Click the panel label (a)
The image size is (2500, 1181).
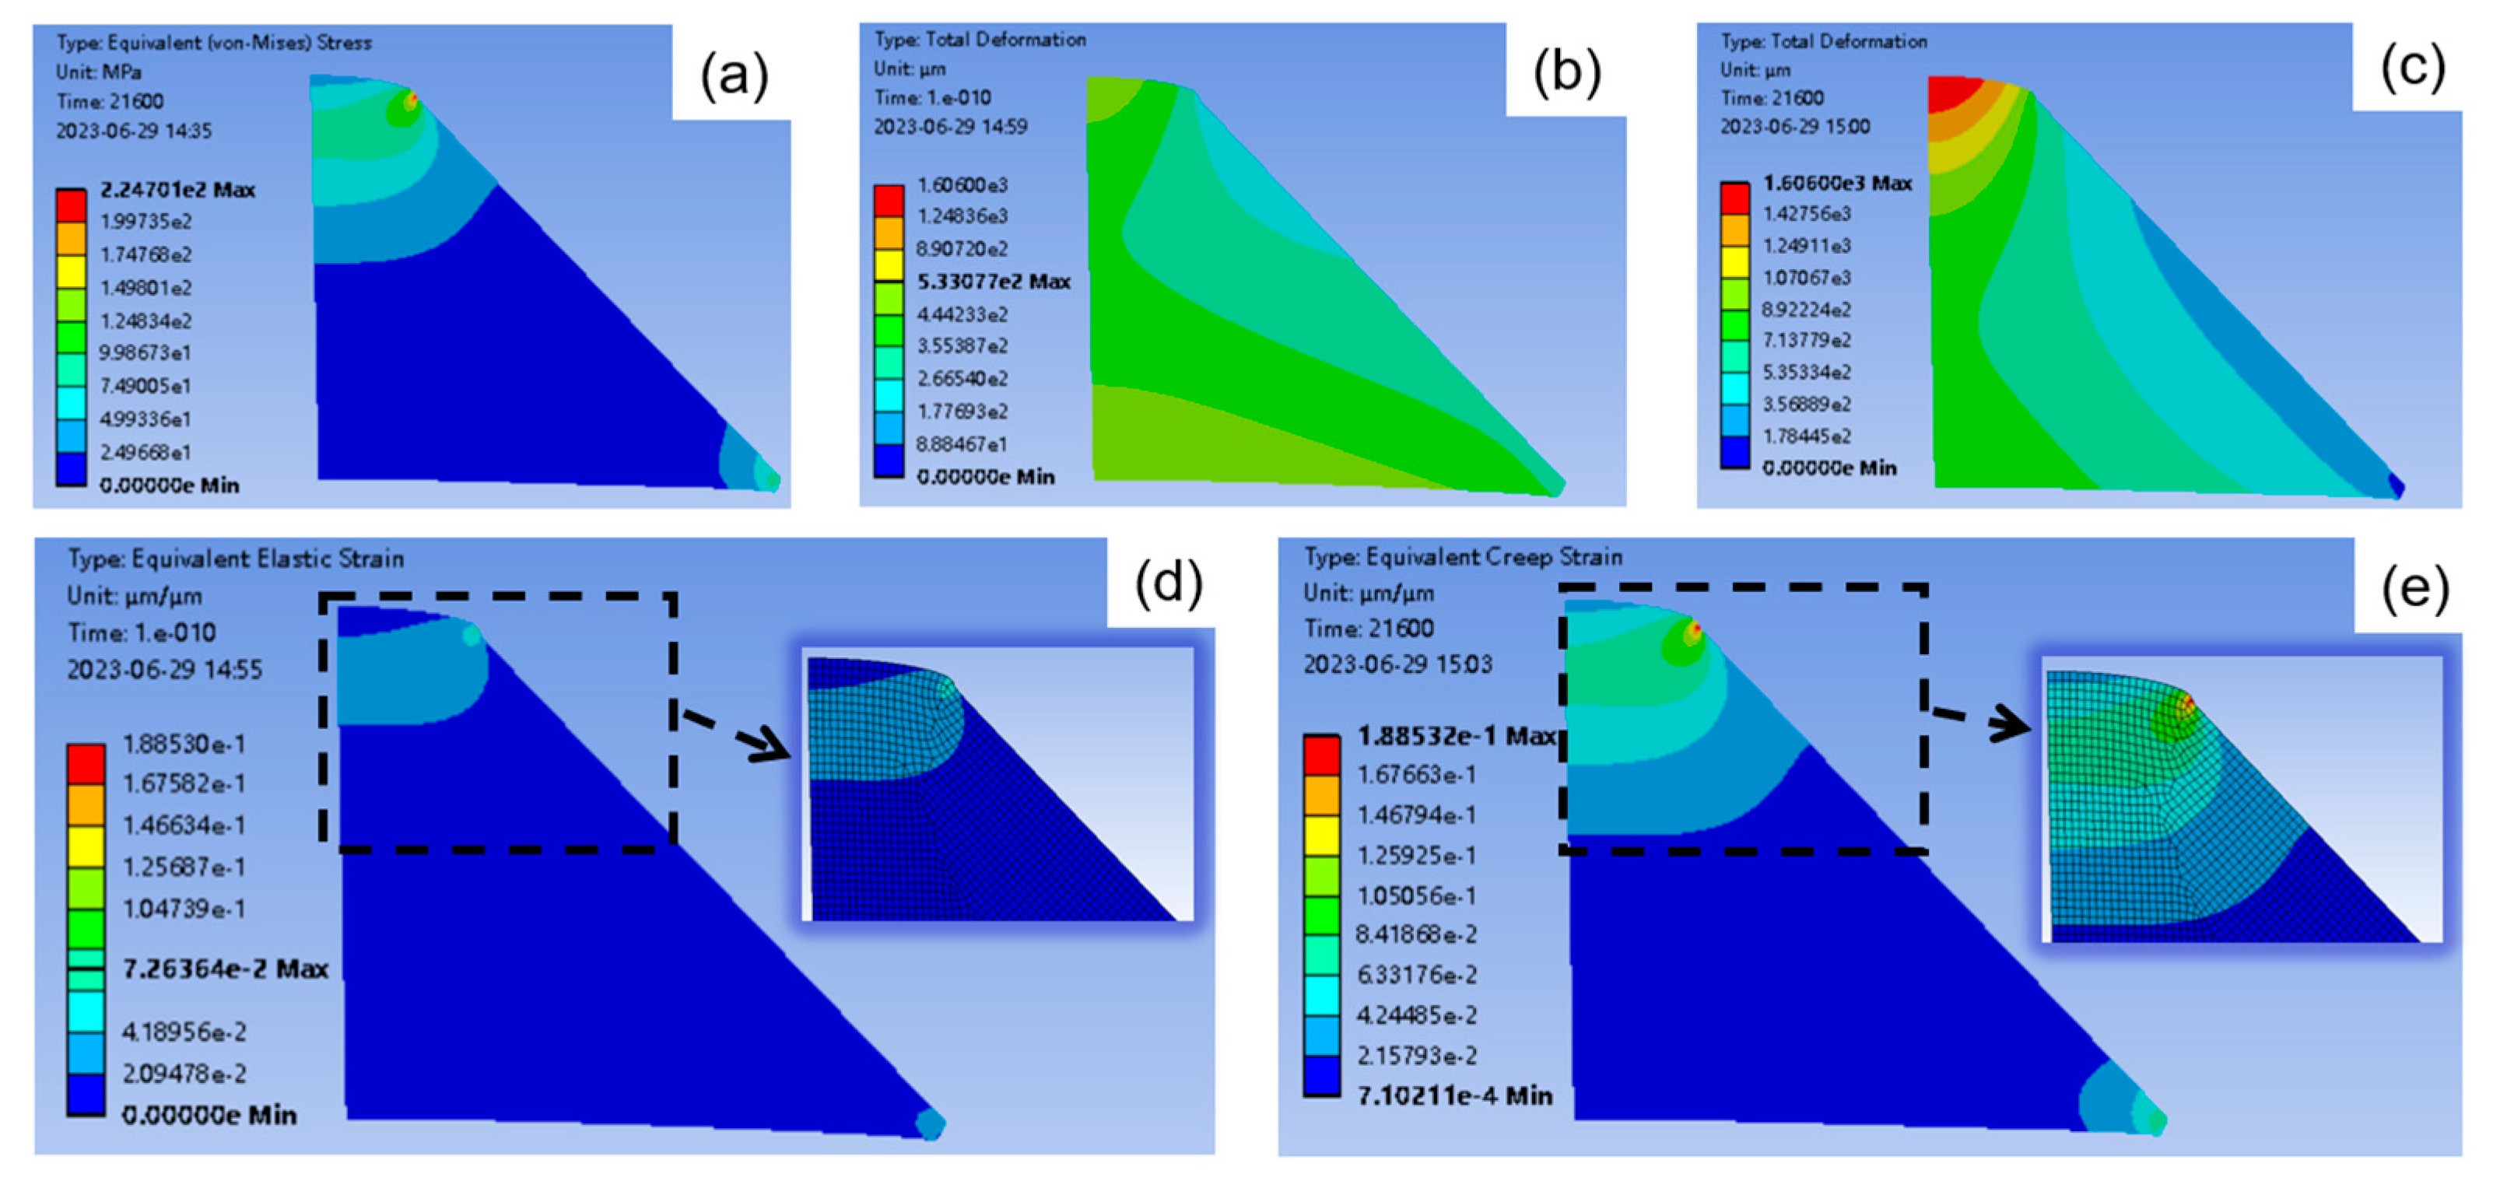pos(734,75)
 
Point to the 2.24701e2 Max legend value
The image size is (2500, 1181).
pos(177,189)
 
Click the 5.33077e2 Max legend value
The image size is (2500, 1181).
pos(993,282)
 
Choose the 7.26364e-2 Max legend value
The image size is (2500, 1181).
pos(225,968)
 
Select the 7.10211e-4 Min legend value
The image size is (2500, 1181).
pos(1453,1095)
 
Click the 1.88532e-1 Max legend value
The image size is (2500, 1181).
pos(1456,735)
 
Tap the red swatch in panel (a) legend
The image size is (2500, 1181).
pos(71,205)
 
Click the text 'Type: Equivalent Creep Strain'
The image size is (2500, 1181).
pos(1463,557)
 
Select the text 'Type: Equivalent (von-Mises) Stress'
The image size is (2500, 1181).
pos(213,43)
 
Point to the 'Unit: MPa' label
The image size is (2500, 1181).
pos(98,72)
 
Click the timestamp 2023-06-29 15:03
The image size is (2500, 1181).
pos(1397,664)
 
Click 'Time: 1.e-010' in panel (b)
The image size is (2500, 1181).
pos(931,98)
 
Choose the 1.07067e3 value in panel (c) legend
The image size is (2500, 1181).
pos(1806,278)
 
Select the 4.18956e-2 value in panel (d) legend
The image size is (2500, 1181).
pos(184,1031)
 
